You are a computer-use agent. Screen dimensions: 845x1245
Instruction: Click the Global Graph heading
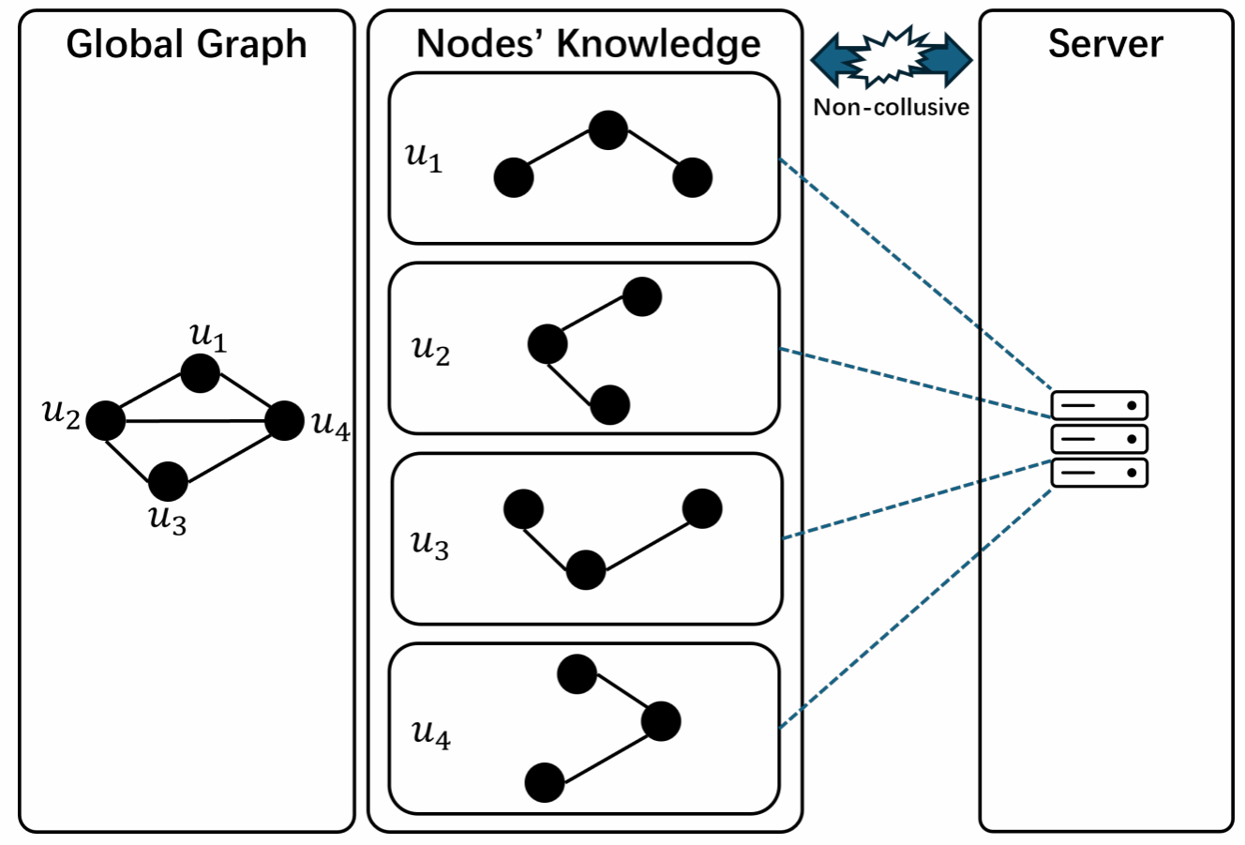point(187,45)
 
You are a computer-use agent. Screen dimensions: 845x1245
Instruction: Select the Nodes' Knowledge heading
point(588,43)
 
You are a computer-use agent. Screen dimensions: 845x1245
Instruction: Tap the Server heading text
point(1105,43)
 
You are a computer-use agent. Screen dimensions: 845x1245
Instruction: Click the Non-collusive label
point(891,107)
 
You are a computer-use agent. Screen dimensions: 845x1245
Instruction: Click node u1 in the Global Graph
point(201,373)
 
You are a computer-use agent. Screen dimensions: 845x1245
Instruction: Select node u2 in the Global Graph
point(106,420)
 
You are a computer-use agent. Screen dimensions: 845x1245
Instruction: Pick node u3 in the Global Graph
point(169,481)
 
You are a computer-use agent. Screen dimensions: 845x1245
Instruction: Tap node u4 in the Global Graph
point(284,421)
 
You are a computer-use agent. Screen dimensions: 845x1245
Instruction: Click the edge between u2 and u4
point(195,421)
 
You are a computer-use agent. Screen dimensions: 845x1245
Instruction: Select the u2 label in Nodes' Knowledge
point(431,350)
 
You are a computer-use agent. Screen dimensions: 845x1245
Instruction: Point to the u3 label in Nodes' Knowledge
point(430,544)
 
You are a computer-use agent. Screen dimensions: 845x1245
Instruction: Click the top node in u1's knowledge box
point(607,130)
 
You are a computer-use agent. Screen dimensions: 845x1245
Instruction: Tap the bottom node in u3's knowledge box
point(586,570)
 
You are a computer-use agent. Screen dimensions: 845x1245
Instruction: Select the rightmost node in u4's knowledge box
point(661,721)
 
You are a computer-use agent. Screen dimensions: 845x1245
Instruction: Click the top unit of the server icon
point(1099,405)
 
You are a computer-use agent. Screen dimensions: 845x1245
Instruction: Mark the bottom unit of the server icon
point(1099,473)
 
